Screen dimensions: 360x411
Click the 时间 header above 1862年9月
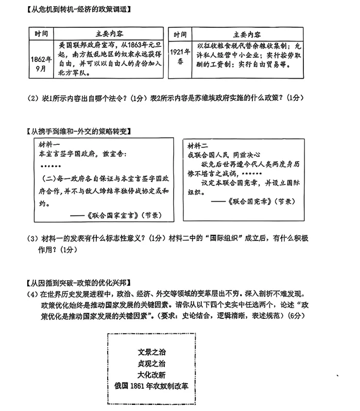pyautogui.click(x=41, y=35)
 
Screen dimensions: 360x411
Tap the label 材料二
pyautogui.click(x=198, y=145)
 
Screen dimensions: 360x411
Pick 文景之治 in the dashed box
pyautogui.click(x=152, y=353)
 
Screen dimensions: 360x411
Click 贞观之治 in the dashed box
pyautogui.click(x=152, y=364)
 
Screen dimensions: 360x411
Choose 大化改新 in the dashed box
pyautogui.click(x=152, y=374)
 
